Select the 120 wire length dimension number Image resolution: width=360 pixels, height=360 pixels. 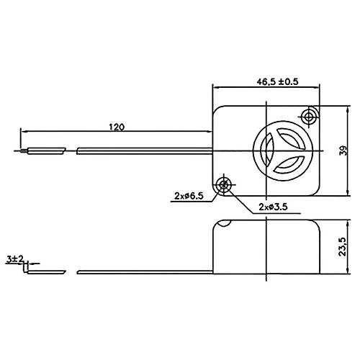[x=116, y=127]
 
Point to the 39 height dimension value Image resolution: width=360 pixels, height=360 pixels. [x=344, y=150]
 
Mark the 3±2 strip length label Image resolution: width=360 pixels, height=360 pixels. [x=14, y=257]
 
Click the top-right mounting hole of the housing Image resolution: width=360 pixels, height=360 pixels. [x=310, y=117]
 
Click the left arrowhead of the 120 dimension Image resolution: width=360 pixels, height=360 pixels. [x=24, y=132]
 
